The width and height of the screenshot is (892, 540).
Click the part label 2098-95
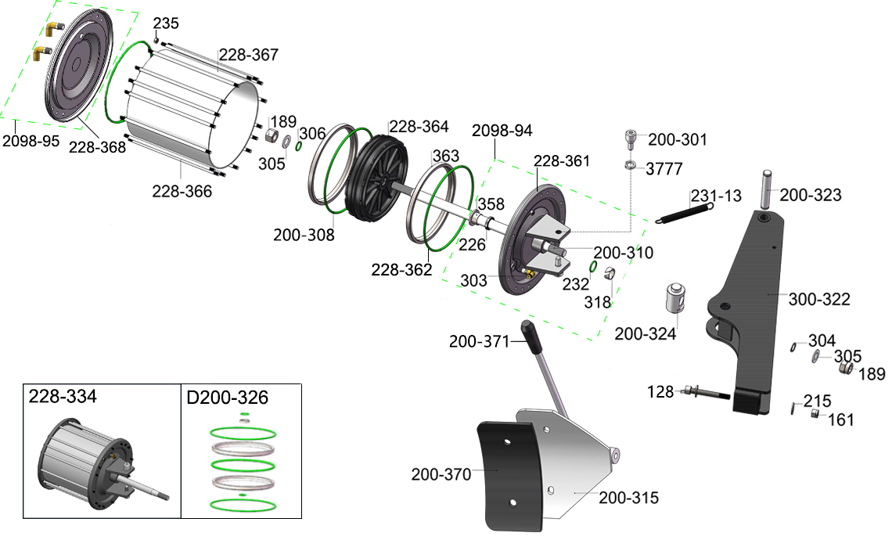point(31,142)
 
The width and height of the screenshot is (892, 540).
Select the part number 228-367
point(249,56)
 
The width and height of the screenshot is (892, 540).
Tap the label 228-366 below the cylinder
point(182,191)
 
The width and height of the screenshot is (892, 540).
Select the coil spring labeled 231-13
point(684,210)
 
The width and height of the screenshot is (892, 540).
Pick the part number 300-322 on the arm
point(819,299)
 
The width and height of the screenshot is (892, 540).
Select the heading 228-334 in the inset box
point(63,397)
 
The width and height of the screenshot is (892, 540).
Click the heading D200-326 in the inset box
point(228,398)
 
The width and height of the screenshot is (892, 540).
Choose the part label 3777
point(664,169)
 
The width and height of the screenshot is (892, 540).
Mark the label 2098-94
point(502,130)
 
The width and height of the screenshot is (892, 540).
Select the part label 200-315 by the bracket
point(629,497)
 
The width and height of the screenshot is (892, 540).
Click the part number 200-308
point(304,235)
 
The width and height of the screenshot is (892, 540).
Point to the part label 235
point(166,23)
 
